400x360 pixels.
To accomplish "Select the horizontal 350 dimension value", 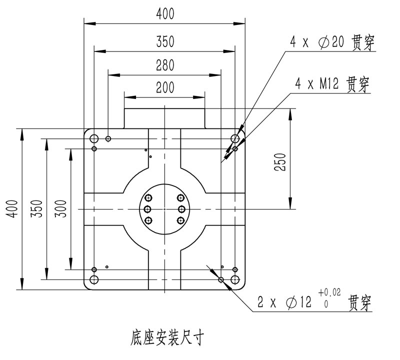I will tap(165, 42).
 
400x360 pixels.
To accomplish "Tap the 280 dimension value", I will tap(165, 65).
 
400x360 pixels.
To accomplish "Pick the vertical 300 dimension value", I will tap(60, 208).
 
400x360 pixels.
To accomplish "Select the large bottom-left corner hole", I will tap(94, 279).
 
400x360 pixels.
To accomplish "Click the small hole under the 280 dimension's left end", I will tap(108, 138).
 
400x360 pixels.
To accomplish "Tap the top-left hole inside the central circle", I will tap(148, 197).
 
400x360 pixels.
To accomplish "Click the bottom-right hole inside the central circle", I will tap(181, 220).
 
